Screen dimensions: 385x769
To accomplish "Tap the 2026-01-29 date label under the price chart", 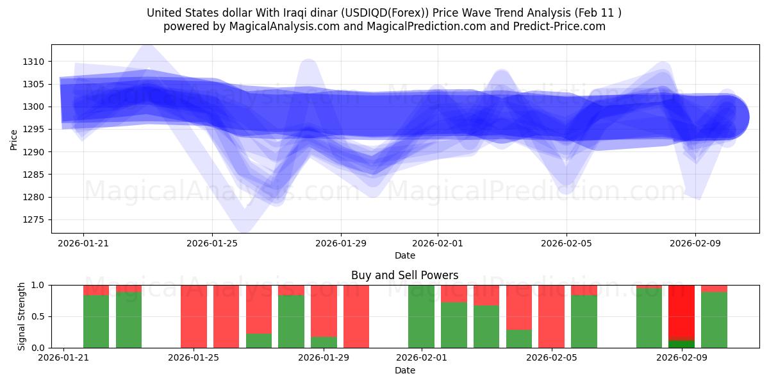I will (341, 244).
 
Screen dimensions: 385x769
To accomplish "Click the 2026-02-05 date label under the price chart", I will (566, 244).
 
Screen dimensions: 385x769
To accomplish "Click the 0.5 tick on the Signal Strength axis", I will (38, 316).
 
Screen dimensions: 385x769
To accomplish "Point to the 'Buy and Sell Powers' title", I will (404, 275).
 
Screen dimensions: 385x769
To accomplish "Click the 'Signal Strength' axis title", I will (22, 316).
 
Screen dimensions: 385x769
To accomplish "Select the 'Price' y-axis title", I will (14, 139).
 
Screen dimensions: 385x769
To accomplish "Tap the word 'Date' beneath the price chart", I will (404, 255).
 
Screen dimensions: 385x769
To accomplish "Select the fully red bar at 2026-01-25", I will (194, 316).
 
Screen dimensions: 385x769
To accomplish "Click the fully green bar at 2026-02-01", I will (421, 316).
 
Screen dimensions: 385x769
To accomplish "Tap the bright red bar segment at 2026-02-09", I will (682, 311).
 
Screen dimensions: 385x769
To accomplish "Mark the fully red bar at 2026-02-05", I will (551, 316).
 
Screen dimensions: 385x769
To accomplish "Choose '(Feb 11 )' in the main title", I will (597, 13).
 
